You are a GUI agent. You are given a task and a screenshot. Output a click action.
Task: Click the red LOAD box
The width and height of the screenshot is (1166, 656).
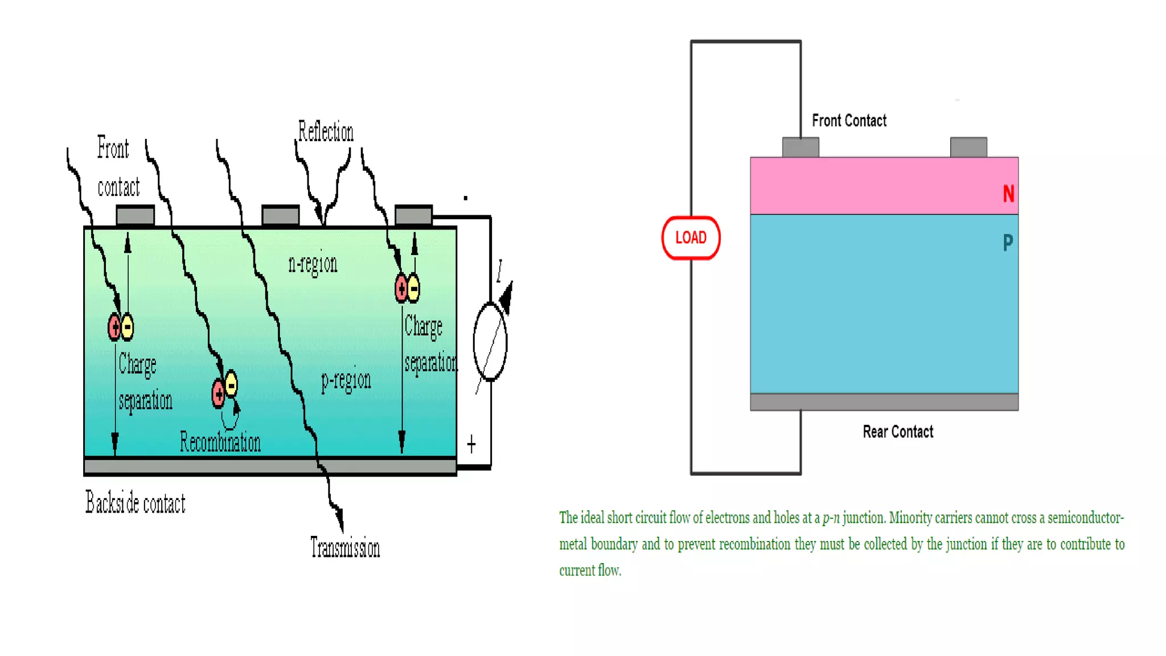click(691, 237)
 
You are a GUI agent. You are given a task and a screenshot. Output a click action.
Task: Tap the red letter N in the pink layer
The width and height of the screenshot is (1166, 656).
click(1008, 194)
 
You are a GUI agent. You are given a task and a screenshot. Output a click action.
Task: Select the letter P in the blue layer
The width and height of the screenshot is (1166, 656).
click(1008, 243)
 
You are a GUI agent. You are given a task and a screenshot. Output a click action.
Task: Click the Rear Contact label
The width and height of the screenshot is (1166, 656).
click(898, 432)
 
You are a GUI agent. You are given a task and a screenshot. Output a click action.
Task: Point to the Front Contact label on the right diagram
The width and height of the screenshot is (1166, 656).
click(849, 121)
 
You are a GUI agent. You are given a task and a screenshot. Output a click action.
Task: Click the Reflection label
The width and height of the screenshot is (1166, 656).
click(326, 132)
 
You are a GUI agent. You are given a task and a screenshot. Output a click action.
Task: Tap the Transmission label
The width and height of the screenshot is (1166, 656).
click(345, 547)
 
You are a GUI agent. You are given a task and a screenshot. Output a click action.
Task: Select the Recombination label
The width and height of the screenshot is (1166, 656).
click(220, 442)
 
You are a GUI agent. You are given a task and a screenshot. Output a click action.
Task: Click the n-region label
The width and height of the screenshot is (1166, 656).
click(313, 264)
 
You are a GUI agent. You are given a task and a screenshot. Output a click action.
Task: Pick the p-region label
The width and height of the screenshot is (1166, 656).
click(346, 380)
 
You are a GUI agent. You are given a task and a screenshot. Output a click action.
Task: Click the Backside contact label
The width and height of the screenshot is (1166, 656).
click(136, 503)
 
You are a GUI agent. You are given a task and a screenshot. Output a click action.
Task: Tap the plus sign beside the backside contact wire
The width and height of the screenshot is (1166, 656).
click(471, 444)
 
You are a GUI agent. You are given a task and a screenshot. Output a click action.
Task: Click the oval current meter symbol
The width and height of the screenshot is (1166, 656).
click(490, 342)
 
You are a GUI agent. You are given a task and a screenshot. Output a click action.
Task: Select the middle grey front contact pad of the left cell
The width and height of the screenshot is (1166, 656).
click(280, 216)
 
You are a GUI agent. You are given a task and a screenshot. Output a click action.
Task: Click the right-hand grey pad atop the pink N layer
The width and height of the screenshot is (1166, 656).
click(968, 147)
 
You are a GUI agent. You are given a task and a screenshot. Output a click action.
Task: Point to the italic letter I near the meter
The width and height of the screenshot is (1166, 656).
click(499, 270)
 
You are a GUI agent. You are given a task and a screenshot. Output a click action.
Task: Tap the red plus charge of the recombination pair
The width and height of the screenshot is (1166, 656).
click(218, 393)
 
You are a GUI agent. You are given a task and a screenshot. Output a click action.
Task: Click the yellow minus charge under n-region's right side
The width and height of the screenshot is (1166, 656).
click(414, 288)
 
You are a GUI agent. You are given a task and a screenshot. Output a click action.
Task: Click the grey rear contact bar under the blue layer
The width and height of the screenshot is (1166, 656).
click(884, 402)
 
